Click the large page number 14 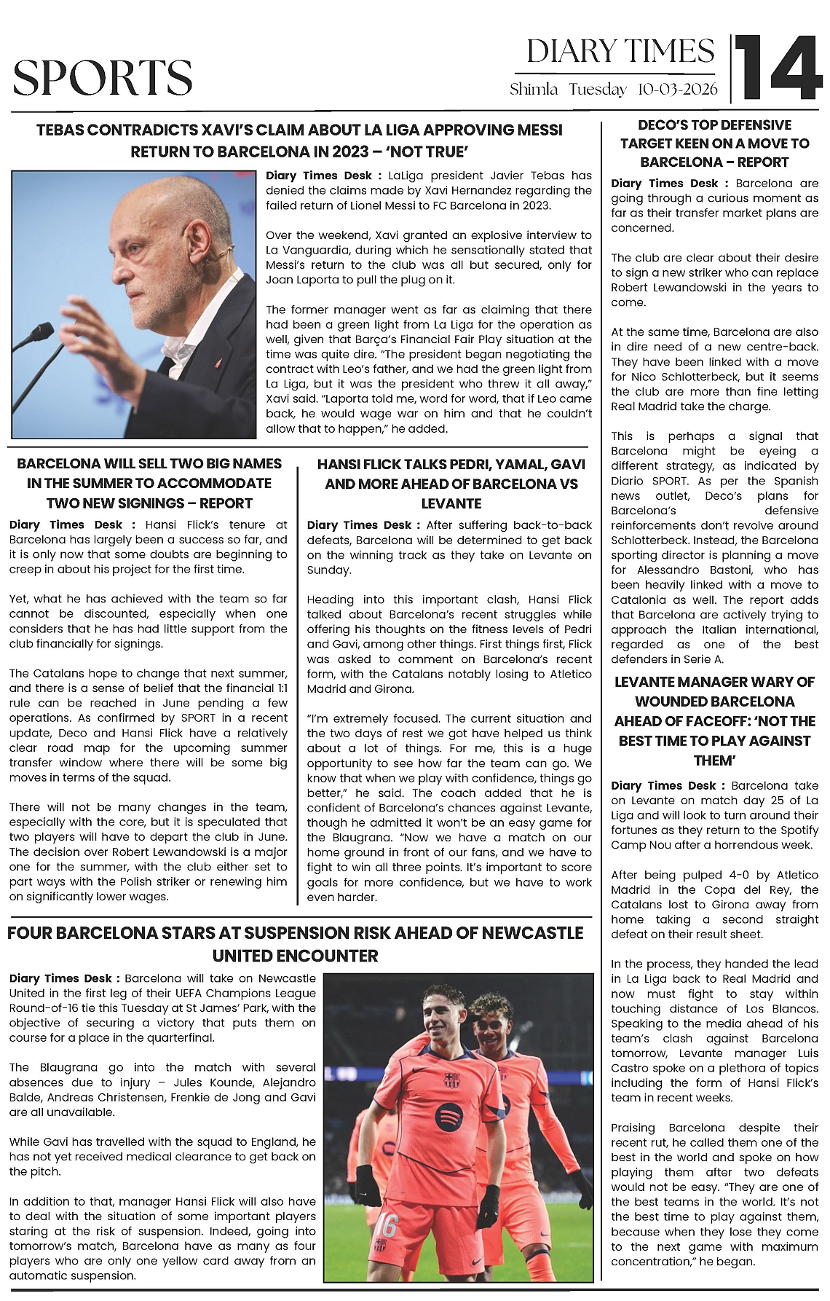[x=777, y=68]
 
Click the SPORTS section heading [x=103, y=78]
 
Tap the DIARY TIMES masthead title [x=620, y=52]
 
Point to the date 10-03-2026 [x=677, y=90]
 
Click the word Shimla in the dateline [x=534, y=90]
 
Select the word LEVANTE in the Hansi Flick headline [x=451, y=503]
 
